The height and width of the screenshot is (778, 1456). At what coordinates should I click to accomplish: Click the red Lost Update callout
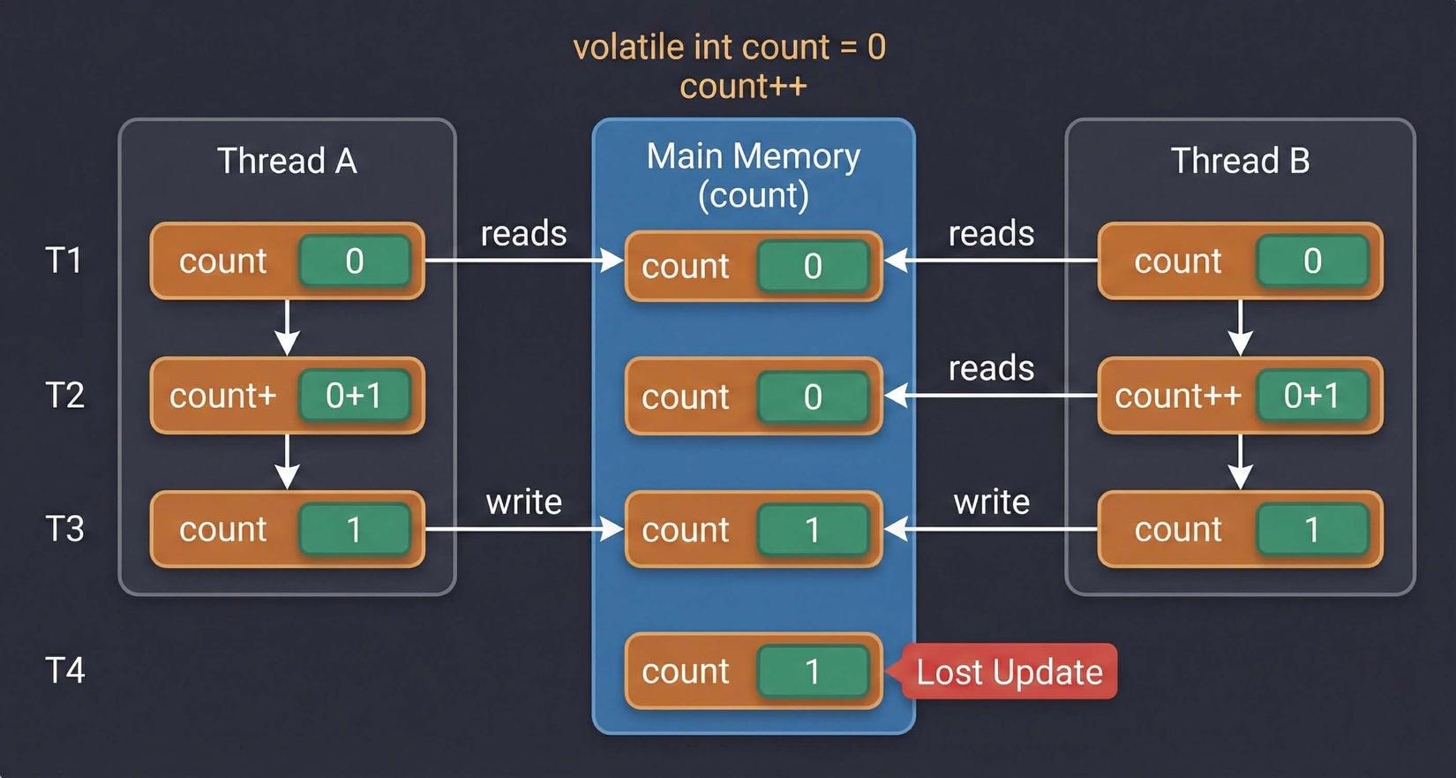coord(1009,672)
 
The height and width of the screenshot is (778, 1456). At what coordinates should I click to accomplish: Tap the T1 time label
coord(64,261)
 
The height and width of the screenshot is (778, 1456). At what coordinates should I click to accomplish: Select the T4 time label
coord(64,670)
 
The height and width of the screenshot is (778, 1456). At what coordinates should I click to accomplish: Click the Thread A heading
coord(287,161)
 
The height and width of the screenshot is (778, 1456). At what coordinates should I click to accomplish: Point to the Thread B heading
coord(1240,161)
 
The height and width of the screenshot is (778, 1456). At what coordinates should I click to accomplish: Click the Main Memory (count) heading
coord(753,175)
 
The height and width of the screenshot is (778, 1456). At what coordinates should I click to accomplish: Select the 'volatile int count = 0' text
coord(729,47)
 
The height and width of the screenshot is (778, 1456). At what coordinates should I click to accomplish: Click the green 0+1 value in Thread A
coord(354,396)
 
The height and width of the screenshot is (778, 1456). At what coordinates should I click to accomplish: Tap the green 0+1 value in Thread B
coord(1311,396)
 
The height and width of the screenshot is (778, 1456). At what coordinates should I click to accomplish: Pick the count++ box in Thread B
coord(1177,396)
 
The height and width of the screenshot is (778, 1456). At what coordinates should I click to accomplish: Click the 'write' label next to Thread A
coord(524,502)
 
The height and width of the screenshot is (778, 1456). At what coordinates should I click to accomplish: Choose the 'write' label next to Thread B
coord(991,502)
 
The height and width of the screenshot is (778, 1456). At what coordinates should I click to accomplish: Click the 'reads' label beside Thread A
coord(524,233)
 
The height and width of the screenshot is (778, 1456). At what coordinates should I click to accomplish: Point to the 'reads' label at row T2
coord(991,367)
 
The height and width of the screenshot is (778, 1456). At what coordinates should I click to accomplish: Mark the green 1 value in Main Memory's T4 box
coord(813,672)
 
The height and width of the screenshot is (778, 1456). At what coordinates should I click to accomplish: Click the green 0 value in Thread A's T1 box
coord(354,261)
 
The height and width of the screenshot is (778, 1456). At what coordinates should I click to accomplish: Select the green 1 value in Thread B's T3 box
coord(1311,529)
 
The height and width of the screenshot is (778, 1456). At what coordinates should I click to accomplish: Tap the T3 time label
coord(64,529)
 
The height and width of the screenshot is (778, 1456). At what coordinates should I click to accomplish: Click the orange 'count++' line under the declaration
coord(743,87)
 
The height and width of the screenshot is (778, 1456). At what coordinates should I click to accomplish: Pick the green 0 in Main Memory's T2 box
coord(813,397)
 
